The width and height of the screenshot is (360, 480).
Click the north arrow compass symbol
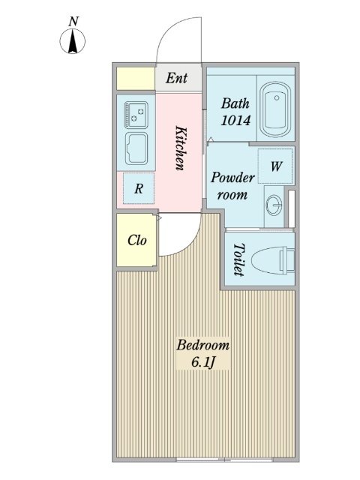coord(73,41)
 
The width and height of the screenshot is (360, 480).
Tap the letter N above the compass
coord(73,22)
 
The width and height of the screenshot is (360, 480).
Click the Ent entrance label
coord(177,78)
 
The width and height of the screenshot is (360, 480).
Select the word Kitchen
coord(180,148)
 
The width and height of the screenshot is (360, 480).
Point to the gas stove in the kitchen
coord(136,115)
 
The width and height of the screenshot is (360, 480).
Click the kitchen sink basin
coord(136,148)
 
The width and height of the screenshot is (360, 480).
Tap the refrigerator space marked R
coord(139,188)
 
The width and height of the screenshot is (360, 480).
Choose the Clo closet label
coord(136,240)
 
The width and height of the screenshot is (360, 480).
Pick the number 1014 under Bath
coord(235,120)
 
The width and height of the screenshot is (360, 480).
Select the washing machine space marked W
coord(275,166)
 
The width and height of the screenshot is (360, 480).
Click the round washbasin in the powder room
coord(274,205)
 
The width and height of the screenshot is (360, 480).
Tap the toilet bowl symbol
coord(273,260)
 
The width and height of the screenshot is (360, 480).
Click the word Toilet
coord(238,259)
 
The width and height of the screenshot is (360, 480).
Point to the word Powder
coord(232,178)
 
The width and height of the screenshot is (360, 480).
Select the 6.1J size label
coord(203,362)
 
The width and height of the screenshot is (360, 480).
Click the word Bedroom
coord(203,345)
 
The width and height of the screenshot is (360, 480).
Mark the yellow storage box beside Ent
coord(136,79)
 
